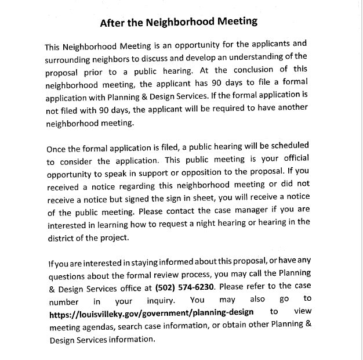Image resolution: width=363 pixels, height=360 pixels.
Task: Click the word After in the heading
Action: point(112,23)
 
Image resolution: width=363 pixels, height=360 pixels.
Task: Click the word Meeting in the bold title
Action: point(234,23)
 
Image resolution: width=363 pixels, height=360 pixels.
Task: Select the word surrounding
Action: point(71,60)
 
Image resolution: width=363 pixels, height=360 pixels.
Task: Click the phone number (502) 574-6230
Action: point(185,287)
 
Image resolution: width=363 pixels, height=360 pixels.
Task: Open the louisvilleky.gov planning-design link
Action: point(151,313)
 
